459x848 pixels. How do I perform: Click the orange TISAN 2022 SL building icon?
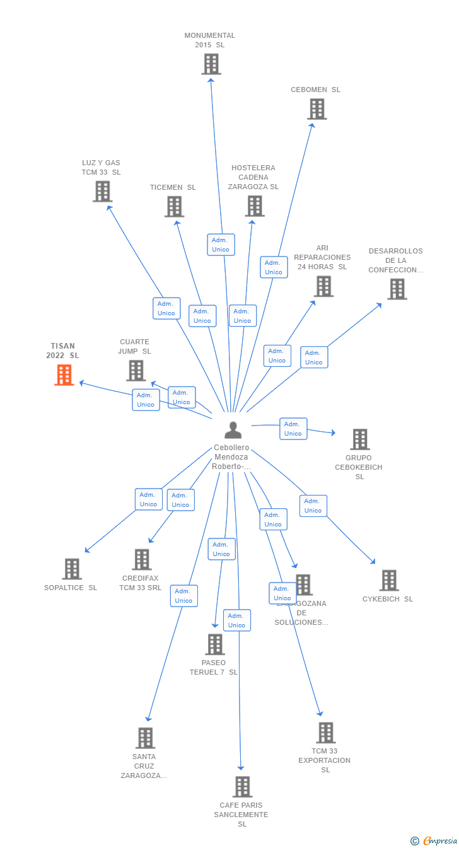[x=64, y=375]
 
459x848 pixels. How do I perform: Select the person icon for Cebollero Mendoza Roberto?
[x=233, y=431]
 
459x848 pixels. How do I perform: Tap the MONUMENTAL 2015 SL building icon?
[x=211, y=64]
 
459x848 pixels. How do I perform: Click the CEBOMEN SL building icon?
[x=317, y=109]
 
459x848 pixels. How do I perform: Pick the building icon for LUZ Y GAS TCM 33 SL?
[x=102, y=192]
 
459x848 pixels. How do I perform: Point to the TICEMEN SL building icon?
[x=174, y=207]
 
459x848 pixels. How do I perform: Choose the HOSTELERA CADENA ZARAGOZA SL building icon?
[x=254, y=206]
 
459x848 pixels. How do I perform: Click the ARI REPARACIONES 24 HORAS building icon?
[x=323, y=286]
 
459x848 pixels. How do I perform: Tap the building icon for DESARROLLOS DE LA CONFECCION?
[x=397, y=289]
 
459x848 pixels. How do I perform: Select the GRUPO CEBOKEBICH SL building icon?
[x=359, y=439]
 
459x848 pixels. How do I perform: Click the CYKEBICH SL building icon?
[x=388, y=581]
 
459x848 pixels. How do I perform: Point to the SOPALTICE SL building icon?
[x=72, y=569]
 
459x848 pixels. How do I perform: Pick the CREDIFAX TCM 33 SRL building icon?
[x=141, y=560]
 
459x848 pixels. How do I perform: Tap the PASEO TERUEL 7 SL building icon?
[x=215, y=644]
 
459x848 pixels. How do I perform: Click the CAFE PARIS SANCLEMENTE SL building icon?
[x=242, y=787]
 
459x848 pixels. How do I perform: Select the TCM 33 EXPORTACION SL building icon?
[x=325, y=733]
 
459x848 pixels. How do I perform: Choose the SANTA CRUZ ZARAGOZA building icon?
[x=145, y=738]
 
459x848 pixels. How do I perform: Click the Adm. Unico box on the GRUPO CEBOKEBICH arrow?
[x=293, y=429]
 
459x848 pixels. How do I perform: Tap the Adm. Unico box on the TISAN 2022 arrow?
[x=146, y=400]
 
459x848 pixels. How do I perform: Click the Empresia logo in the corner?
[x=439, y=840]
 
